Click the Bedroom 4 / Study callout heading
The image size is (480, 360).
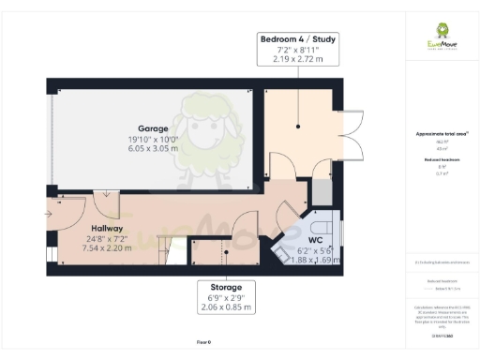pos(299,39)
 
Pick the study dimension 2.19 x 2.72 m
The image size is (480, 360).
pos(299,59)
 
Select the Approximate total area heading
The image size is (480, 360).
pos(442,134)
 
